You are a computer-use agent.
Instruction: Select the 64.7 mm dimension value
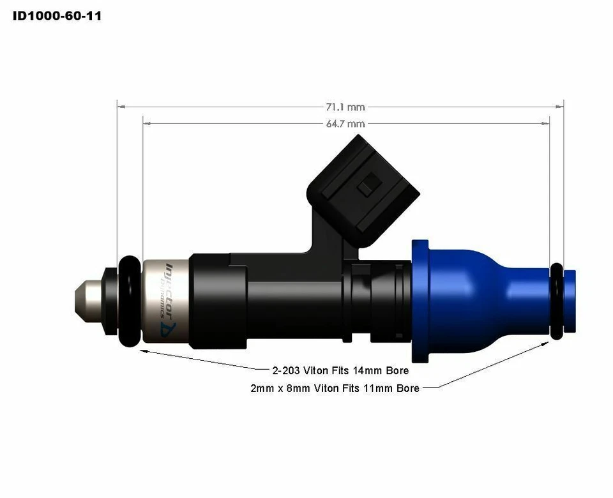point(345,124)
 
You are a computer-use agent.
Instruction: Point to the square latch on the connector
point(366,188)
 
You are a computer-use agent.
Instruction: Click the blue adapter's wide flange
point(420,300)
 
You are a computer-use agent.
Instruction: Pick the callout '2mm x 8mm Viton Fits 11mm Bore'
point(335,388)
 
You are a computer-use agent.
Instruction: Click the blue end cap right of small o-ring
point(570,301)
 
